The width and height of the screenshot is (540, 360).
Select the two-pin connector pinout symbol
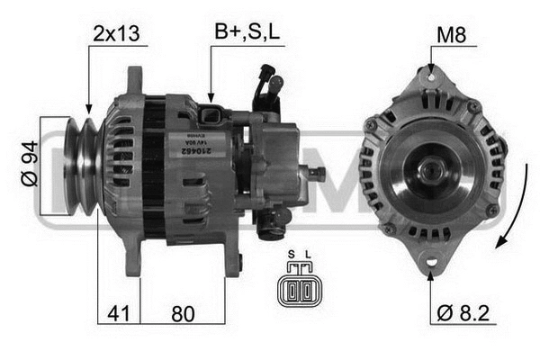pyautogui.click(x=299, y=290)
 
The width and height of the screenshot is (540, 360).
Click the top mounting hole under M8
pyautogui.click(x=431, y=80)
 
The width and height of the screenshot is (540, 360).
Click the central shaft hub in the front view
pyautogui.click(x=429, y=172)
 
